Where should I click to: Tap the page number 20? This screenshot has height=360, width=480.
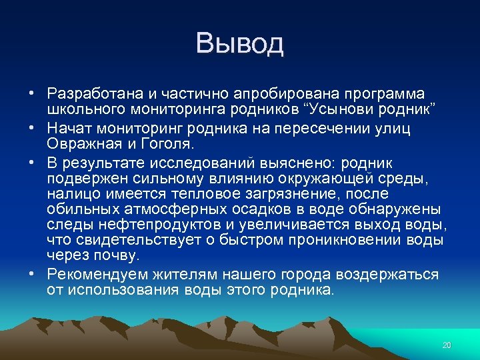coord(447,345)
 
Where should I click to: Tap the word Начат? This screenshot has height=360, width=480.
coord(69,129)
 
